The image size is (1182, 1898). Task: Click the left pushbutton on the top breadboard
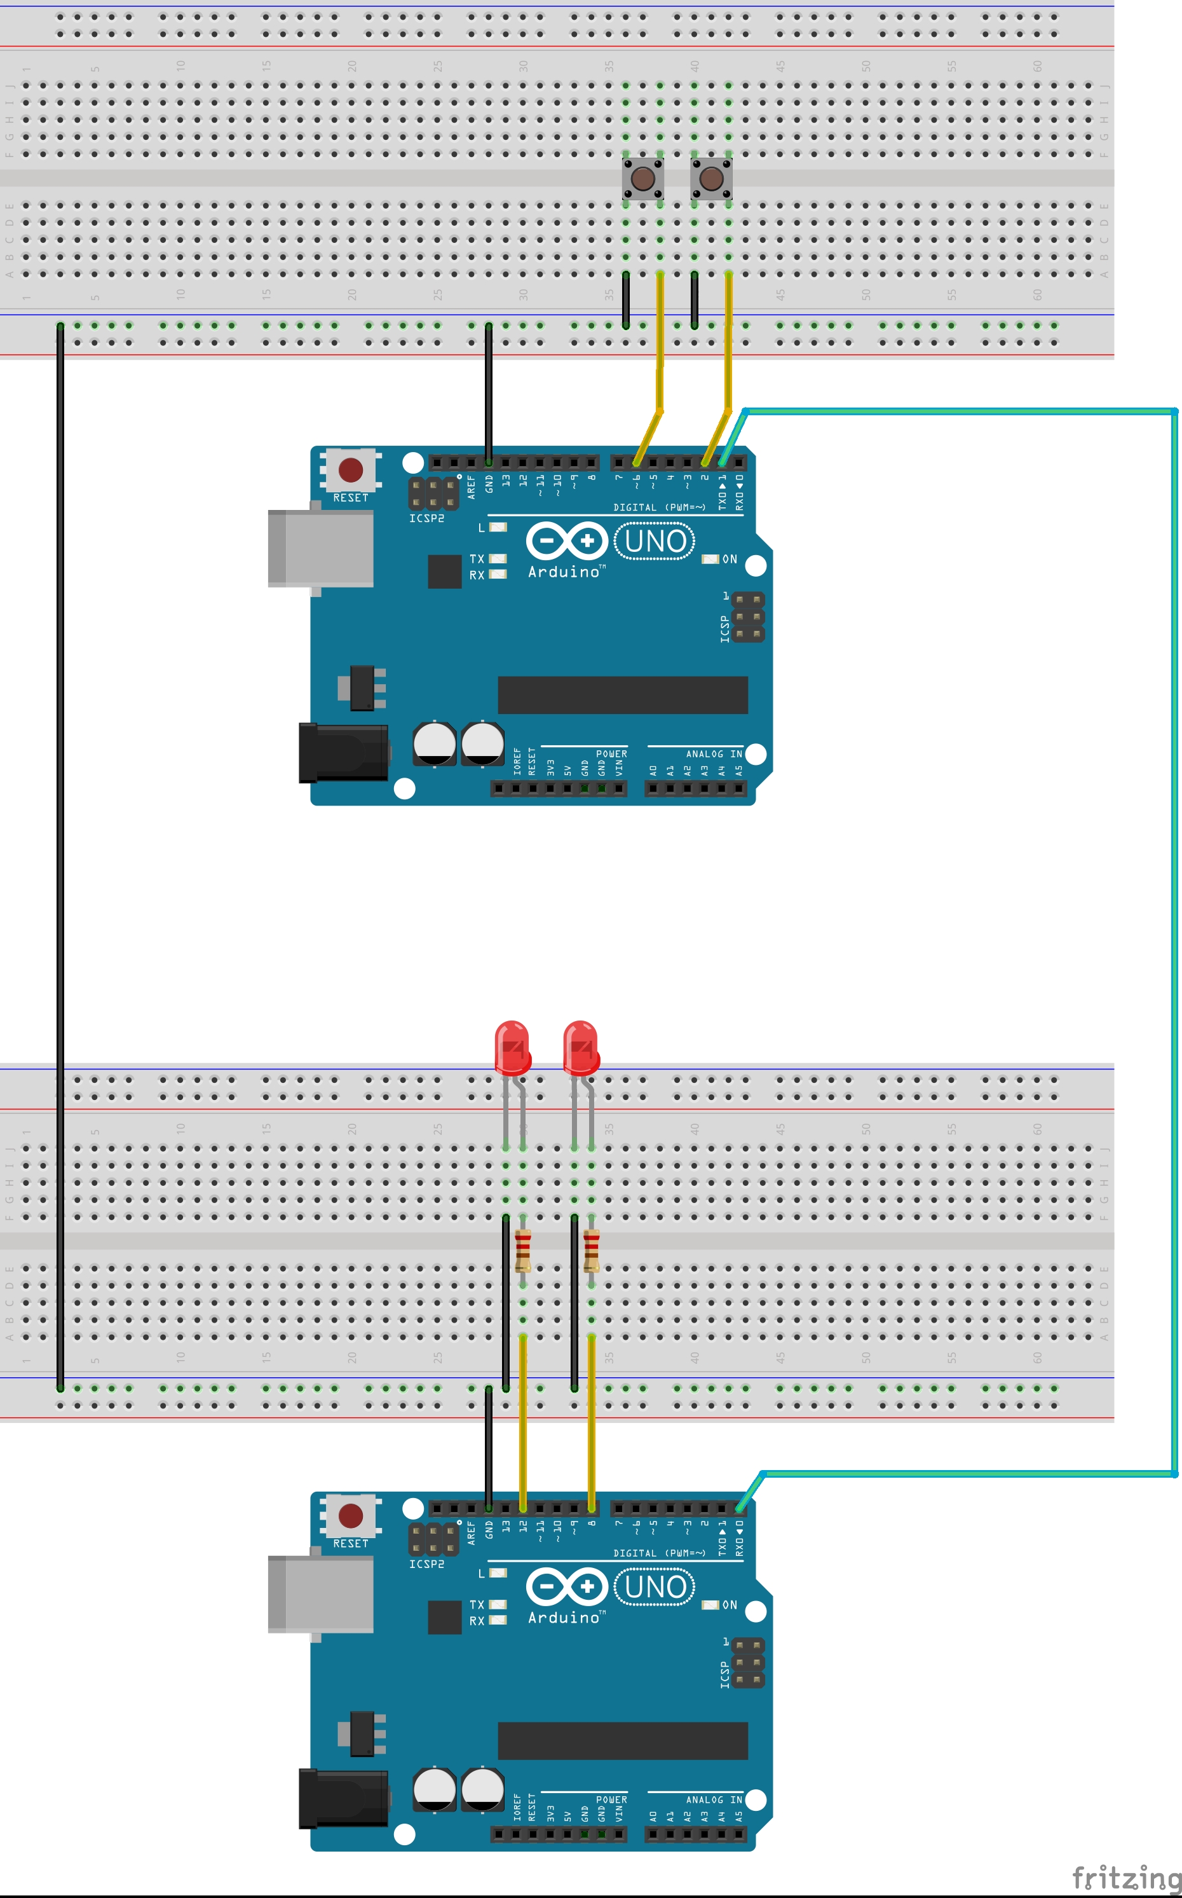point(642,178)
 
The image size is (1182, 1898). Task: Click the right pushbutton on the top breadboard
point(710,178)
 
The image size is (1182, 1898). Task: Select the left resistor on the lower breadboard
point(523,1249)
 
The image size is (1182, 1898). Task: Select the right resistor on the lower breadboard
point(591,1249)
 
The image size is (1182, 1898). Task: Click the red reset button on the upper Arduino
point(350,470)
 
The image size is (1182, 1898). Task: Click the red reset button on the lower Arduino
point(350,1516)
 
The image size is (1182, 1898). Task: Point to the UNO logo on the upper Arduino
point(655,541)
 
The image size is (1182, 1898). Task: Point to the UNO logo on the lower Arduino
point(655,1586)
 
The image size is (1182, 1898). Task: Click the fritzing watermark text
point(1125,1877)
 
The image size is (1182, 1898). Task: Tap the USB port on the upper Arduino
point(320,548)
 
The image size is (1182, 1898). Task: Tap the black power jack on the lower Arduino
point(344,1799)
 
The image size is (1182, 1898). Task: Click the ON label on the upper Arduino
point(730,559)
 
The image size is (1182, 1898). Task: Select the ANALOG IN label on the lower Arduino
point(714,1799)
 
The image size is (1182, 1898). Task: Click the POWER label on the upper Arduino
point(611,754)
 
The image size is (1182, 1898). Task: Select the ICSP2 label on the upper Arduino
point(426,518)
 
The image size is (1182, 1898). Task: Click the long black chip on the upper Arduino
point(622,694)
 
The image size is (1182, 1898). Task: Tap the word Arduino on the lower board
point(564,1617)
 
